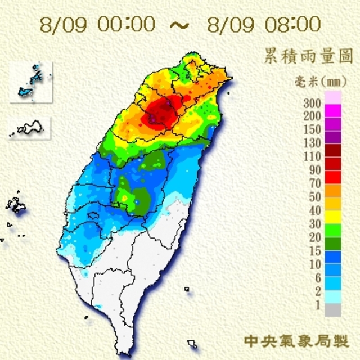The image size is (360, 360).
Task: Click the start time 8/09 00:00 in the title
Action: [99, 24]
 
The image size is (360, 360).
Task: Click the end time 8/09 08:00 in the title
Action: [264, 24]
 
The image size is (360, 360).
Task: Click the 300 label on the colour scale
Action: [312, 103]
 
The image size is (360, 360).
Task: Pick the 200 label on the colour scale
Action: [312, 116]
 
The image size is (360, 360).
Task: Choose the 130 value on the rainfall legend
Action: [312, 142]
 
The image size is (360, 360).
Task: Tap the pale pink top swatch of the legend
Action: [333, 97]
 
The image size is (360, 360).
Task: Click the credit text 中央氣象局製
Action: [296, 341]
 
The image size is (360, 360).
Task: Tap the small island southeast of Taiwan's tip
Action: [192, 343]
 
